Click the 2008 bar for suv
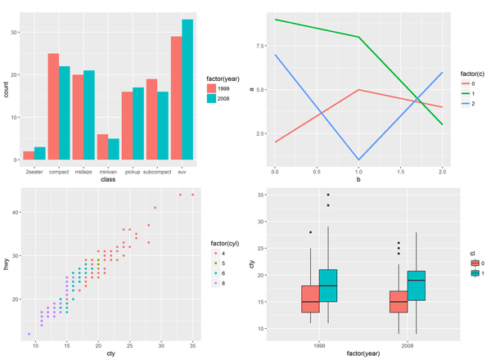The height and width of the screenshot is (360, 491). click(187, 90)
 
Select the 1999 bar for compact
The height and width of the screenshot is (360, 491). click(53, 106)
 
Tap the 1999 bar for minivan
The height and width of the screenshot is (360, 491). click(102, 147)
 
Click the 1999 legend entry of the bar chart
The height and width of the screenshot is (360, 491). click(212, 88)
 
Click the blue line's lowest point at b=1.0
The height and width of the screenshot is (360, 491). click(358, 160)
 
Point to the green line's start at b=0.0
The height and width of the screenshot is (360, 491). click(275, 20)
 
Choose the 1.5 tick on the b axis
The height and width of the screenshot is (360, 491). click(400, 173)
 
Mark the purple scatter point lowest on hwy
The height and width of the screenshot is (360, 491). click(29, 334)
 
